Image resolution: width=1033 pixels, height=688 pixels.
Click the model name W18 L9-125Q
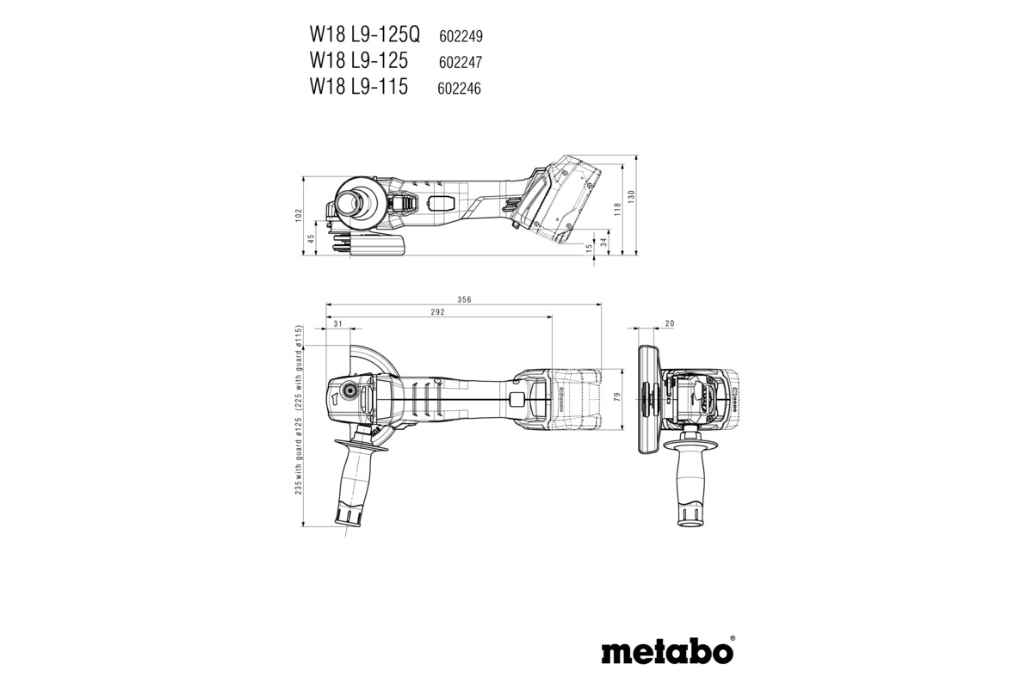[365, 35]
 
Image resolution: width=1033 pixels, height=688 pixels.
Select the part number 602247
[460, 63]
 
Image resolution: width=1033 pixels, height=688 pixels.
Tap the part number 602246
[460, 89]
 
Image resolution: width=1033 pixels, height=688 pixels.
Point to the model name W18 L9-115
[359, 87]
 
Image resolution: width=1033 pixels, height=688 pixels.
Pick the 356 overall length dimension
[464, 299]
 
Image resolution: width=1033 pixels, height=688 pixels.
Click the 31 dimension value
[337, 324]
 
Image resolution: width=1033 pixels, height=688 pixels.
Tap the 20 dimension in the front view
[670, 324]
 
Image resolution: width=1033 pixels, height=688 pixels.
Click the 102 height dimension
[299, 214]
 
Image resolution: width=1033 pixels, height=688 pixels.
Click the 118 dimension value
[617, 208]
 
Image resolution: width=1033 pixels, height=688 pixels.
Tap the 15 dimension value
[590, 248]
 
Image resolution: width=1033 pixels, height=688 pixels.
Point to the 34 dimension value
[603, 243]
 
